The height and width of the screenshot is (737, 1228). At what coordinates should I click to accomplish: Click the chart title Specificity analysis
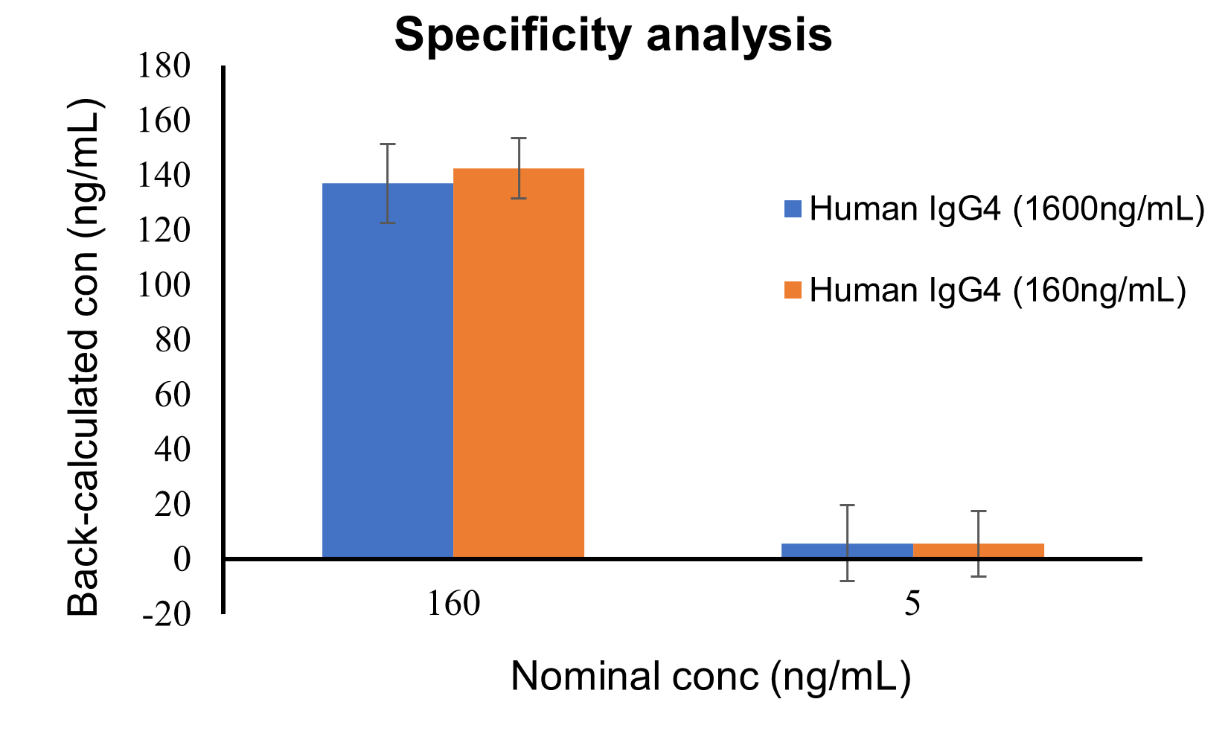[x=613, y=34]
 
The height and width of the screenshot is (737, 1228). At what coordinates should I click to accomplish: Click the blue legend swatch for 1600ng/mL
[x=793, y=208]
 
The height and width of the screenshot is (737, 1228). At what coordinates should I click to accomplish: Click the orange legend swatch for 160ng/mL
[x=793, y=290]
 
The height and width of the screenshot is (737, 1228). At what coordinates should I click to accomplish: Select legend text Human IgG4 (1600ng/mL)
[x=1006, y=208]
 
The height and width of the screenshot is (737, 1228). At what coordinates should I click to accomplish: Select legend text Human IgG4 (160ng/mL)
[x=997, y=290]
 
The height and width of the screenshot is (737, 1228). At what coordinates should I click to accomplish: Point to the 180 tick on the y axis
[x=164, y=66]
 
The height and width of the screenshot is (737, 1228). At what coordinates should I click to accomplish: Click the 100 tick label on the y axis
[x=164, y=284]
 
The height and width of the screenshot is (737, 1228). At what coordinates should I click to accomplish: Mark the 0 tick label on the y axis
[x=182, y=559]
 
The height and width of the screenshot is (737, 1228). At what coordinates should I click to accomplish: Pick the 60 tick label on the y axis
[x=173, y=395]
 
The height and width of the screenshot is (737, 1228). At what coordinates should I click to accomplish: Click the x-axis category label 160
[x=453, y=603]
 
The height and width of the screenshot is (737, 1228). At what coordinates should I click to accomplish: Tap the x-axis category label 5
[x=912, y=603]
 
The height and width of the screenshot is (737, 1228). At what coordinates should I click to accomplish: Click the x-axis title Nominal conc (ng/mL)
[x=711, y=676]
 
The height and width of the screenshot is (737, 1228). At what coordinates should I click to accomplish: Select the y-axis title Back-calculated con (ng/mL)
[x=83, y=357]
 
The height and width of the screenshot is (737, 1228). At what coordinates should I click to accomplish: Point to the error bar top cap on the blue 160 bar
[x=387, y=144]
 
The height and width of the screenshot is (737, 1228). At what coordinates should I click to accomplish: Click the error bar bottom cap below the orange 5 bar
[x=978, y=576]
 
